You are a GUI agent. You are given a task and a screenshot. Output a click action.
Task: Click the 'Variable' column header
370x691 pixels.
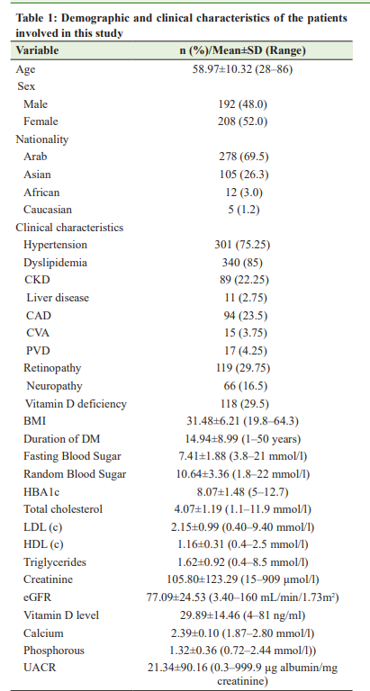click(x=37, y=50)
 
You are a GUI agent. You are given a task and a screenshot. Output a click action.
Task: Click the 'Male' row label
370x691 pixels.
click(x=36, y=104)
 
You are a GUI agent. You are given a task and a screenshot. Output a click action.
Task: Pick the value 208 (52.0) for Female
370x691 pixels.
click(x=242, y=121)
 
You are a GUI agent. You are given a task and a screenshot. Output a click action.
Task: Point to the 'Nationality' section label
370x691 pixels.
click(x=42, y=139)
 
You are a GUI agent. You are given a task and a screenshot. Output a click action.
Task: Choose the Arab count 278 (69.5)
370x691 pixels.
click(x=243, y=157)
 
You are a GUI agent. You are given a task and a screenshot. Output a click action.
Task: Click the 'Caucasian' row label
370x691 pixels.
click(x=48, y=210)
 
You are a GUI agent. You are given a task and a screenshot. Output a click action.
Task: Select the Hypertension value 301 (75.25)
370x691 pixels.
click(x=242, y=245)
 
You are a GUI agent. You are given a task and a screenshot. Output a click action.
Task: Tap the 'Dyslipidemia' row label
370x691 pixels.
click(x=55, y=263)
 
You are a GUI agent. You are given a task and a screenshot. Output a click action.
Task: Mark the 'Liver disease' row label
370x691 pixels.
click(x=58, y=298)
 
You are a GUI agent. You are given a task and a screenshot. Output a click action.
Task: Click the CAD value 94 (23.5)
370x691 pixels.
click(x=242, y=316)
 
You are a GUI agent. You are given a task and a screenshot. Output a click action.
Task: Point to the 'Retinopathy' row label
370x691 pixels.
click(x=52, y=368)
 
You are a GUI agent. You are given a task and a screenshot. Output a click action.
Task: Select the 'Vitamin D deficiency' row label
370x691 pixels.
click(x=76, y=403)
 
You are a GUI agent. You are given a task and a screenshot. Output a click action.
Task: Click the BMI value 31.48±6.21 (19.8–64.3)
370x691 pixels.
click(x=242, y=421)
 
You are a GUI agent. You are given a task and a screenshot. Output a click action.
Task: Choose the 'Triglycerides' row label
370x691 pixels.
click(x=55, y=562)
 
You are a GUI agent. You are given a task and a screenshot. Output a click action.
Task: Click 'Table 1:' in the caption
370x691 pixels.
click(x=34, y=19)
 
